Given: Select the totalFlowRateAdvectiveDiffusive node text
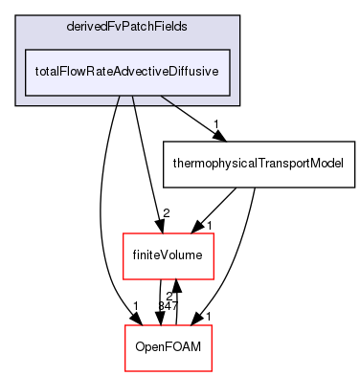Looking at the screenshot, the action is pyautogui.click(x=127, y=72).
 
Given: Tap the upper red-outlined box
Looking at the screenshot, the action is pyautogui.click(x=168, y=256).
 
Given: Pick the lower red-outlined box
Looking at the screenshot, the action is pyautogui.click(x=168, y=348).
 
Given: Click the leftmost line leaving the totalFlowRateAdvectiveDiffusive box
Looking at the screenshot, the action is pyautogui.click(x=118, y=100).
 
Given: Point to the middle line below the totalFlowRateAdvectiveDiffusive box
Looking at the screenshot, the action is pyautogui.click(x=132, y=100).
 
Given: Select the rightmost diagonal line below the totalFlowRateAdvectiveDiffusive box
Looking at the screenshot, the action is pyautogui.click(x=168, y=100).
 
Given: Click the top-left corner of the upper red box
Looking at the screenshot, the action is pyautogui.click(x=124, y=233).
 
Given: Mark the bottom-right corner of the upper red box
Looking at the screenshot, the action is pyautogui.click(x=213, y=279).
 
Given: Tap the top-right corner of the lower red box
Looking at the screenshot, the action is pyautogui.click(x=211, y=326).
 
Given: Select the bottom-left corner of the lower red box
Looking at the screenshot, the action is pyautogui.click(x=125, y=371).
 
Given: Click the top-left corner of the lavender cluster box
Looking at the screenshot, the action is pyautogui.click(x=16, y=16).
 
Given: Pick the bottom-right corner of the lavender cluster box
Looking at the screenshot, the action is pyautogui.click(x=238, y=104).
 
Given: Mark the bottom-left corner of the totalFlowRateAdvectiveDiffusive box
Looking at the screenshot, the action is pyautogui.click(x=25, y=95).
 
